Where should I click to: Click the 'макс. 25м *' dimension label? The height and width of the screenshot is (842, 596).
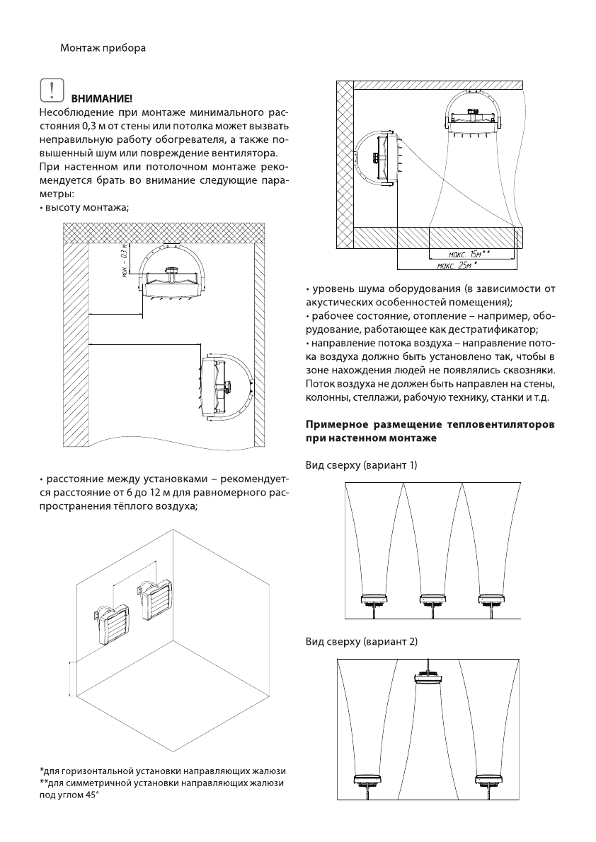pyautogui.click(x=456, y=266)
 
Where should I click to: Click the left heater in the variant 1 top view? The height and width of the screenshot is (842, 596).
pyautogui.click(x=374, y=600)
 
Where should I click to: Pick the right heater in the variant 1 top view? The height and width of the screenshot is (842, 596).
pyautogui.click(x=491, y=600)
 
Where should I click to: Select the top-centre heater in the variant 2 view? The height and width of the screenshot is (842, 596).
pyautogui.click(x=428, y=679)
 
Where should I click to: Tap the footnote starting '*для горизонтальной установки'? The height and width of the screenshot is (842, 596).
pyautogui.click(x=162, y=770)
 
